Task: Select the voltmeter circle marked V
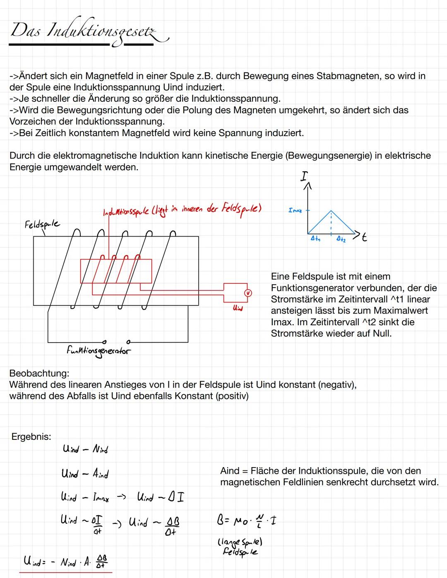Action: click(248, 293)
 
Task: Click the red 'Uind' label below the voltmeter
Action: click(238, 308)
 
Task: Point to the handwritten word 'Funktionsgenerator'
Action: click(98, 351)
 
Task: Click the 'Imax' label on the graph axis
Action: click(295, 211)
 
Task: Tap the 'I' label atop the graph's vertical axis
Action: click(304, 177)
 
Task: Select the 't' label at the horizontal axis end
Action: click(364, 237)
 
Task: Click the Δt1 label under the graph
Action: click(315, 239)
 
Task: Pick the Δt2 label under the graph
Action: click(341, 239)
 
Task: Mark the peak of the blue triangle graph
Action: click(331, 211)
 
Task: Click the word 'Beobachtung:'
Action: click(39, 373)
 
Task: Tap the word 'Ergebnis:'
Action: click(31, 437)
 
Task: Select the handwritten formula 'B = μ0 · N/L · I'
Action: click(246, 520)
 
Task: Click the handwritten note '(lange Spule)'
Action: click(240, 542)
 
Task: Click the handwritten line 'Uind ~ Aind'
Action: click(85, 473)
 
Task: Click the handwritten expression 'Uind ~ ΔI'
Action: click(160, 496)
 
